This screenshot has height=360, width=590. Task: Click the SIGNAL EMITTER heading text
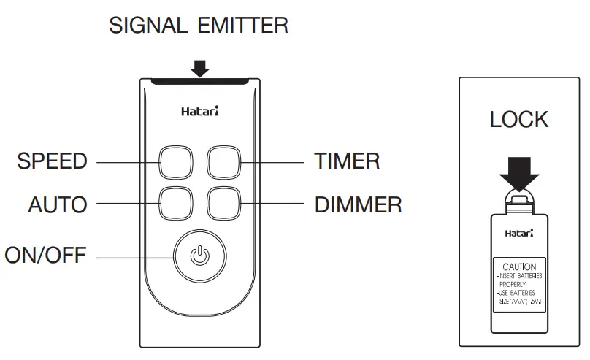click(x=199, y=26)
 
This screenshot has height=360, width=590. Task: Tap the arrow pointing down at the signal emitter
click(x=199, y=67)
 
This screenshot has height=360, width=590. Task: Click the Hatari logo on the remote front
click(x=199, y=112)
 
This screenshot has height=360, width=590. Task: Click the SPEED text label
click(x=52, y=161)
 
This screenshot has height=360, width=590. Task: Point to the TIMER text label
click(x=347, y=161)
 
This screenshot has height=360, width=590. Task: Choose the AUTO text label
click(x=58, y=204)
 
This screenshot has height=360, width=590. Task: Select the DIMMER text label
click(x=358, y=204)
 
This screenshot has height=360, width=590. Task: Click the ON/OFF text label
click(x=45, y=256)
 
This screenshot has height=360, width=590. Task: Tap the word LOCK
click(x=518, y=120)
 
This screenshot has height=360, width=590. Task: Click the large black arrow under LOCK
click(x=518, y=170)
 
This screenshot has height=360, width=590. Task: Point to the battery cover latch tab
click(x=518, y=199)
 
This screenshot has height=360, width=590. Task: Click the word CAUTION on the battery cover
click(x=519, y=267)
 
